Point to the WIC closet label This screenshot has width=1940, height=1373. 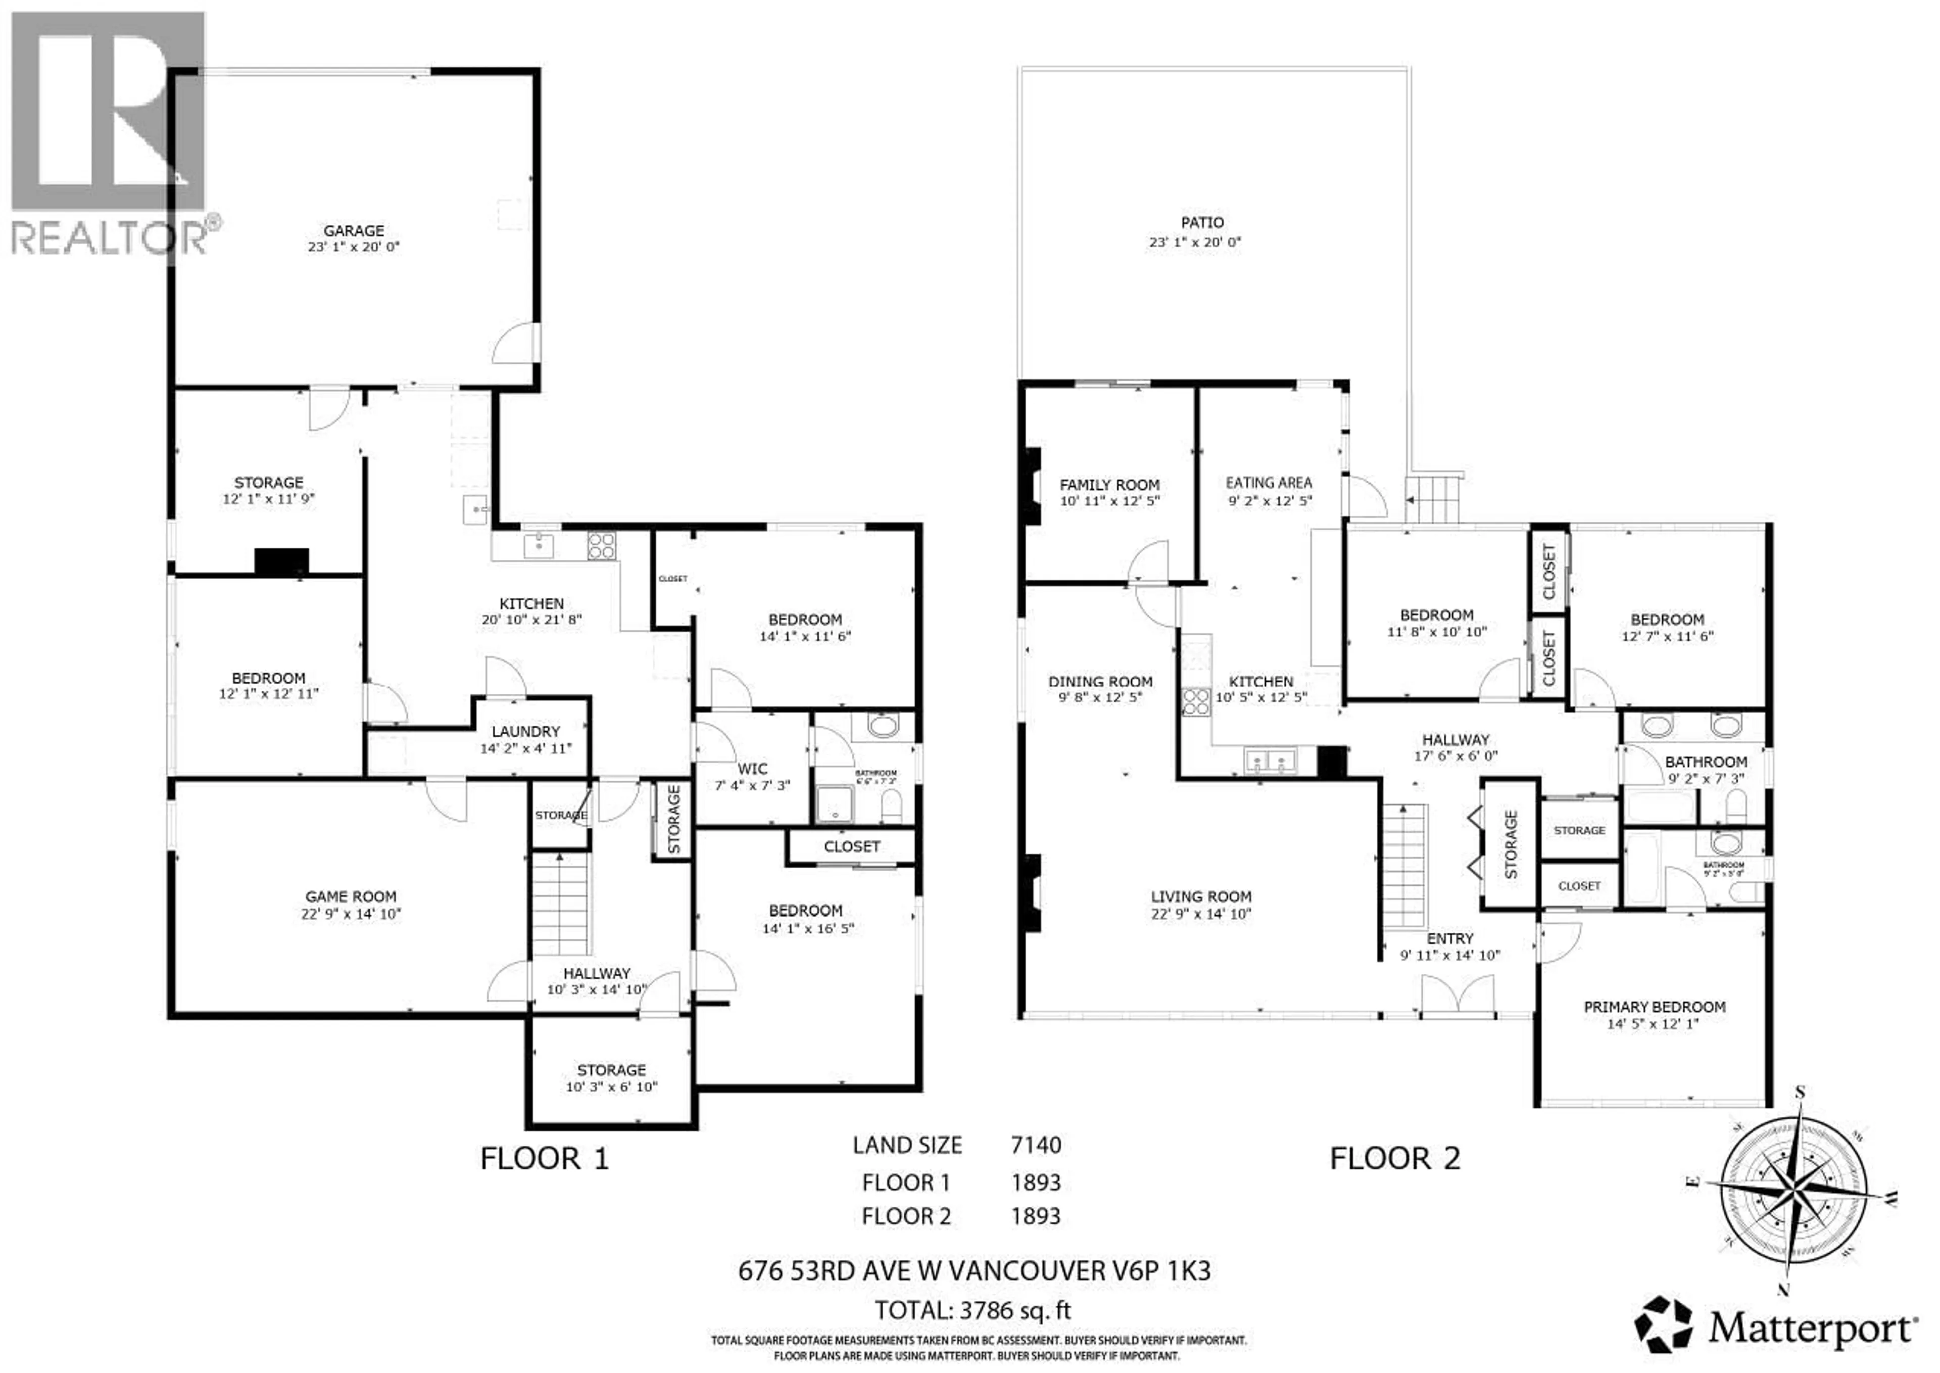point(752,769)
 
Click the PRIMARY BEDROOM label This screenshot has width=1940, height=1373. point(1654,1007)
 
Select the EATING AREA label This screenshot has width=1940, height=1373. point(1269,483)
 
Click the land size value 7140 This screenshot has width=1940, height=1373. point(1036,1146)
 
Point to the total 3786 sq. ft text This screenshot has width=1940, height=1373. point(972,1310)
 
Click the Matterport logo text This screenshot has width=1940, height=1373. point(1809,1330)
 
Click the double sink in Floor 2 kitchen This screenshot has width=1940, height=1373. point(1270,761)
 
